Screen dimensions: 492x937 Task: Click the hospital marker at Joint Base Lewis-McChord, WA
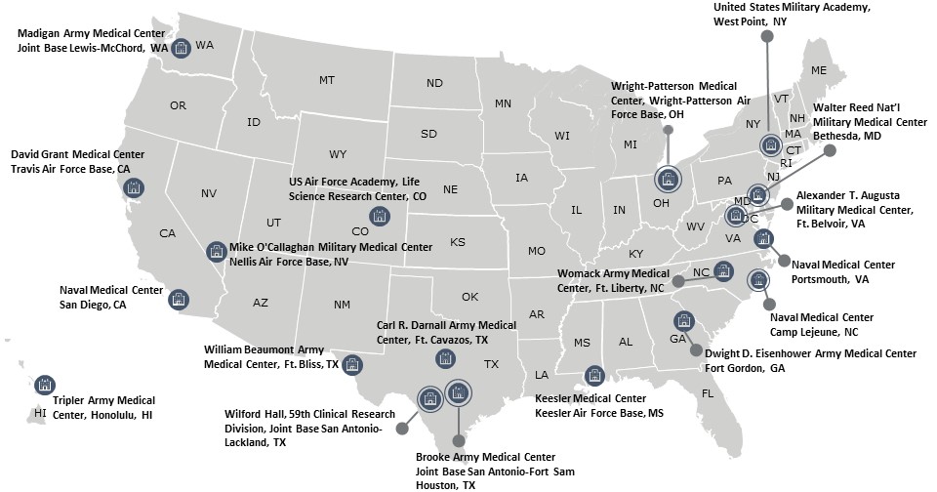point(181,49)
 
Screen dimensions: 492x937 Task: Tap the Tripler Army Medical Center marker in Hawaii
point(44,385)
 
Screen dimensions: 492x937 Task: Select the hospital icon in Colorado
point(378,216)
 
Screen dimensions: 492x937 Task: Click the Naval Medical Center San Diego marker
point(179,299)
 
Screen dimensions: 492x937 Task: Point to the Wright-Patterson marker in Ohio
point(668,180)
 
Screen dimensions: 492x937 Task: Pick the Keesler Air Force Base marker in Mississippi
point(593,376)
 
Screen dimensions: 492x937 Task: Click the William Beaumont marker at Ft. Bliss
point(352,364)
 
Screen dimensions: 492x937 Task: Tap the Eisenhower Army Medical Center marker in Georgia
point(682,321)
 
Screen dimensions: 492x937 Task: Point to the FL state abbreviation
point(706,392)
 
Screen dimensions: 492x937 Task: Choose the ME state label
point(818,69)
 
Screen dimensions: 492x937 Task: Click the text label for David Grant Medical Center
point(77,161)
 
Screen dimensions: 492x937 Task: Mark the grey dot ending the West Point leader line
point(767,37)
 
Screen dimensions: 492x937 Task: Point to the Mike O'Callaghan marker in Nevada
point(216,251)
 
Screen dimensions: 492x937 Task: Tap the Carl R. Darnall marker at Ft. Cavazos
point(444,358)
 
